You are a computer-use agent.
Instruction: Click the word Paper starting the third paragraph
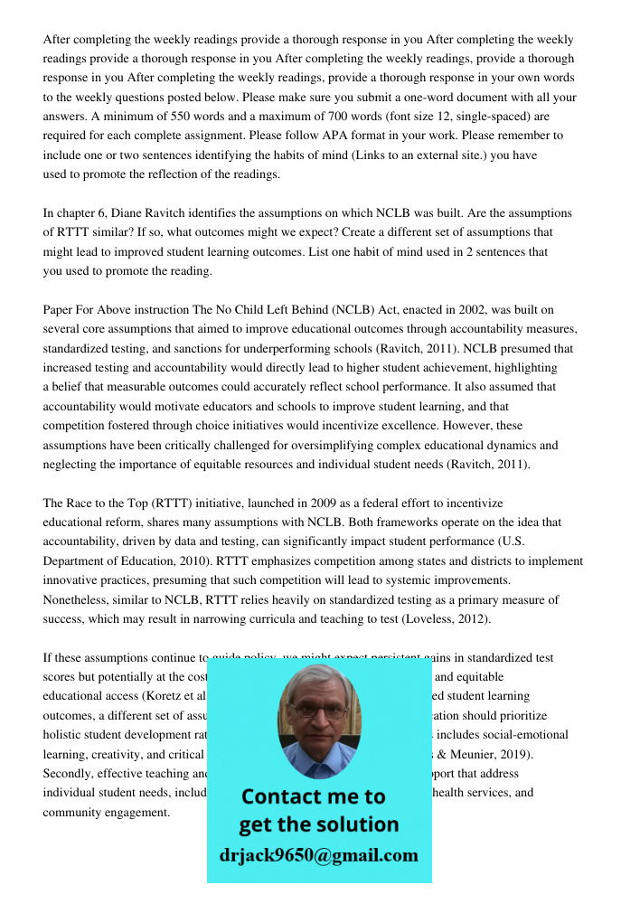[59, 310]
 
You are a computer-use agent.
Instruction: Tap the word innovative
[71, 580]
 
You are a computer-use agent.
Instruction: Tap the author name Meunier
[505, 755]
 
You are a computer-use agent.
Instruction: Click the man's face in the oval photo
[317, 714]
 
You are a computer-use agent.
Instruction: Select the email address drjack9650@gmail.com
[319, 855]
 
